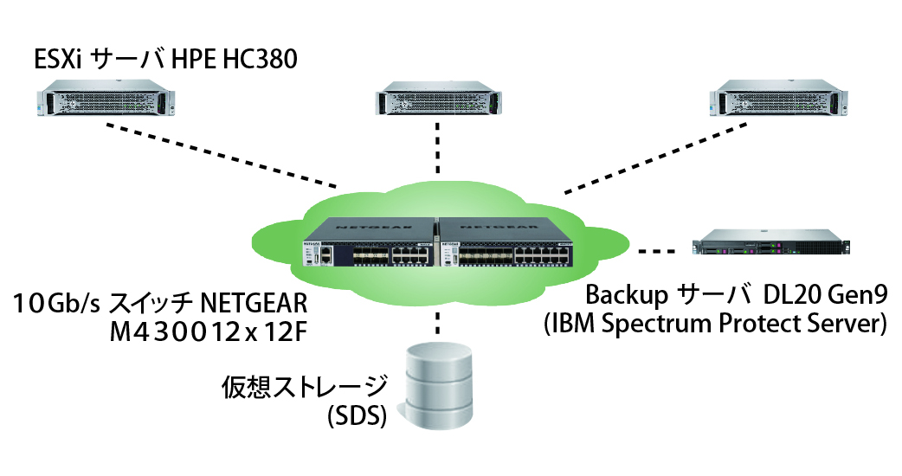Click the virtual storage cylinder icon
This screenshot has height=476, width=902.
[441, 384]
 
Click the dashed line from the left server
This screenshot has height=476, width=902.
[221, 155]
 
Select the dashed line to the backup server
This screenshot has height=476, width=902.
[660, 252]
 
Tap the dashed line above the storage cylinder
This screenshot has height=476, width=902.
[439, 325]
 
